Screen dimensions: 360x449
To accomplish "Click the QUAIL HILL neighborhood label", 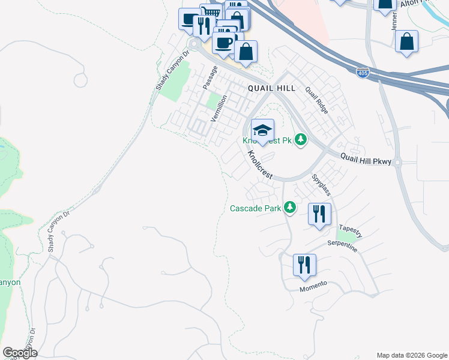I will point(271,88).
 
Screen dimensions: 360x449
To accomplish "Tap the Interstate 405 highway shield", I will point(363,73).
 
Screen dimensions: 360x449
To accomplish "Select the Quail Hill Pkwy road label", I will point(366,161).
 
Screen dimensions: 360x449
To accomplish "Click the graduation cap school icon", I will point(262,130).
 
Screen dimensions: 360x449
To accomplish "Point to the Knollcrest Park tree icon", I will point(301,140).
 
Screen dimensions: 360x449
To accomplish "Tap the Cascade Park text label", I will point(257,209).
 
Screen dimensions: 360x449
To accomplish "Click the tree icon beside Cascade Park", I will point(291,208).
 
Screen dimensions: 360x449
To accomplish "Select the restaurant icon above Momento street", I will point(304,264).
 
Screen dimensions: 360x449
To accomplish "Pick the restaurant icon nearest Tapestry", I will point(319,214).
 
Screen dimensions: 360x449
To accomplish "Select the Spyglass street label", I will point(321,185).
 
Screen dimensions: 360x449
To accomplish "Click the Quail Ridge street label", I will point(317,100).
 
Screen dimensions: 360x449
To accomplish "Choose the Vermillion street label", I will point(218,108).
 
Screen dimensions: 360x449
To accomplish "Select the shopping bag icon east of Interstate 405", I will point(406,42).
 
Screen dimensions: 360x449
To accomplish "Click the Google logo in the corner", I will point(20,353).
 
